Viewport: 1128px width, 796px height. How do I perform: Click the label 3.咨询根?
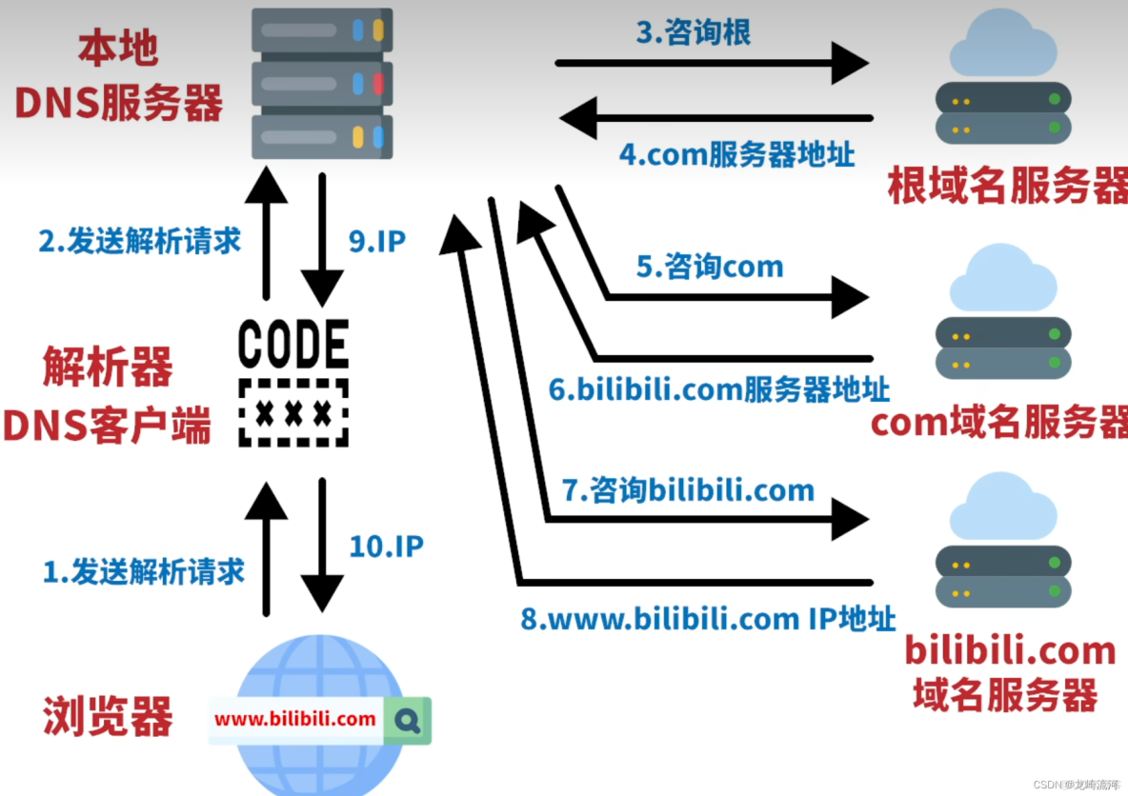pyautogui.click(x=694, y=31)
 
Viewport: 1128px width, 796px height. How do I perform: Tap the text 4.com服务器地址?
pyautogui.click(x=736, y=154)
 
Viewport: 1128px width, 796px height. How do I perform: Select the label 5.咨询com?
pyautogui.click(x=710, y=267)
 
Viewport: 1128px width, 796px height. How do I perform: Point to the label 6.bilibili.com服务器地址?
pyautogui.click(x=719, y=389)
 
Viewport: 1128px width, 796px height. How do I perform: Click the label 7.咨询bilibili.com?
pyautogui.click(x=688, y=490)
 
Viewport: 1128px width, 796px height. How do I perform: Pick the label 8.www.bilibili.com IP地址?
pyautogui.click(x=708, y=619)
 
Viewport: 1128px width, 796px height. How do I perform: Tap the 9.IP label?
pyautogui.click(x=377, y=241)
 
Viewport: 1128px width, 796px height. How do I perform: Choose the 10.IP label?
pyautogui.click(x=385, y=546)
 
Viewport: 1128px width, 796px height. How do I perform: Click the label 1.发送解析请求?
pyautogui.click(x=144, y=571)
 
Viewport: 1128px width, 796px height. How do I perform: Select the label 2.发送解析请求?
pyautogui.click(x=139, y=241)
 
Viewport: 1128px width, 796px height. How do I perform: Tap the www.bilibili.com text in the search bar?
pyautogui.click(x=295, y=719)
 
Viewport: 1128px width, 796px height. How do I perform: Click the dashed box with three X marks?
pyautogui.click(x=293, y=413)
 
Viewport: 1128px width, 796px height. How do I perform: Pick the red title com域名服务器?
pyautogui.click(x=999, y=423)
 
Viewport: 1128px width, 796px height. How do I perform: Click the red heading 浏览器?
pyautogui.click(x=108, y=716)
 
